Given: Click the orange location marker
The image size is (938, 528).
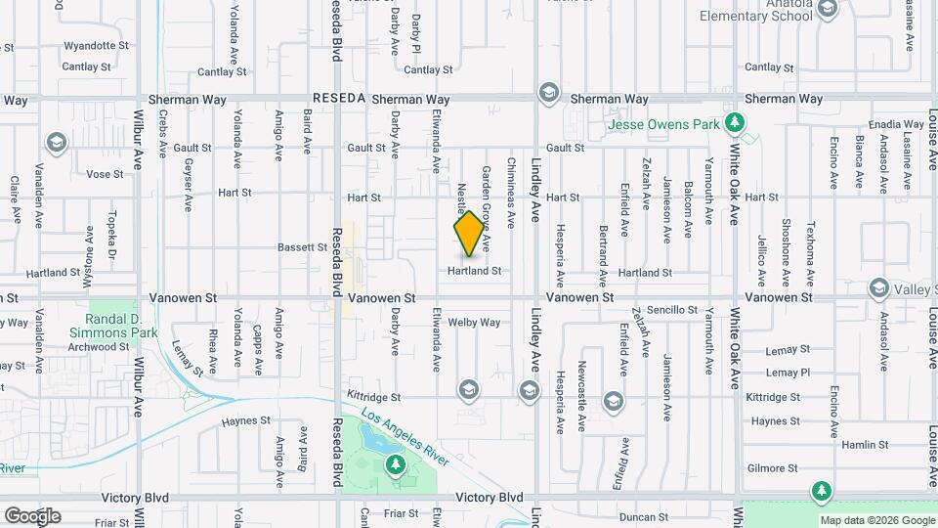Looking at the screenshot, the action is click(x=469, y=234).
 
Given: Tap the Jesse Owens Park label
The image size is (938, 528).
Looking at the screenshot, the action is click(x=662, y=125).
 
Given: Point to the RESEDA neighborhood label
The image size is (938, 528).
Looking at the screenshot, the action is click(x=339, y=99).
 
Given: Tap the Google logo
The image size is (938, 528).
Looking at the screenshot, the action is click(x=32, y=516).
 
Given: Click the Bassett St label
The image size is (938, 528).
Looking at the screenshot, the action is click(x=302, y=247).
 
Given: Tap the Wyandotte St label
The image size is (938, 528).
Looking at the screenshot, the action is click(x=96, y=46).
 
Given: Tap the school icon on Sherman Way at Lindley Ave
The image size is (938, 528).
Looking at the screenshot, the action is click(x=548, y=93).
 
